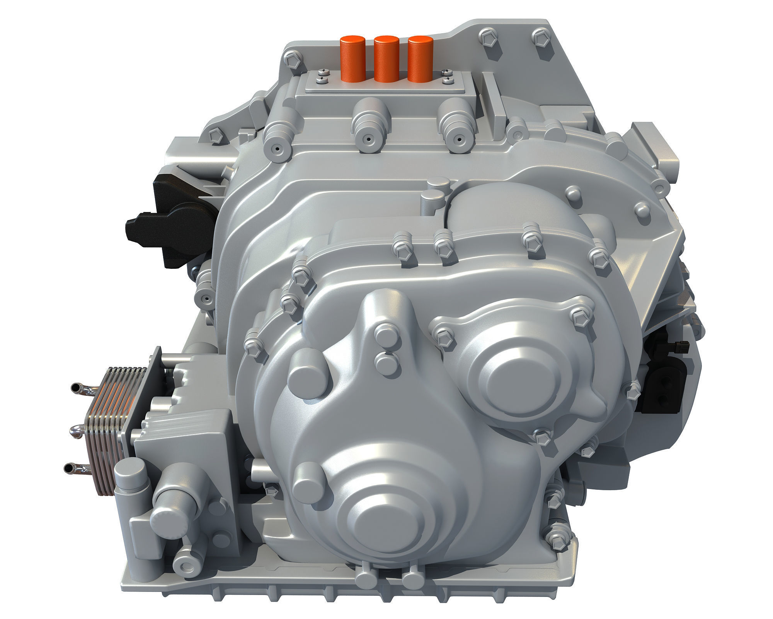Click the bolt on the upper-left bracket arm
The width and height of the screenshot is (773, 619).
point(215,136)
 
